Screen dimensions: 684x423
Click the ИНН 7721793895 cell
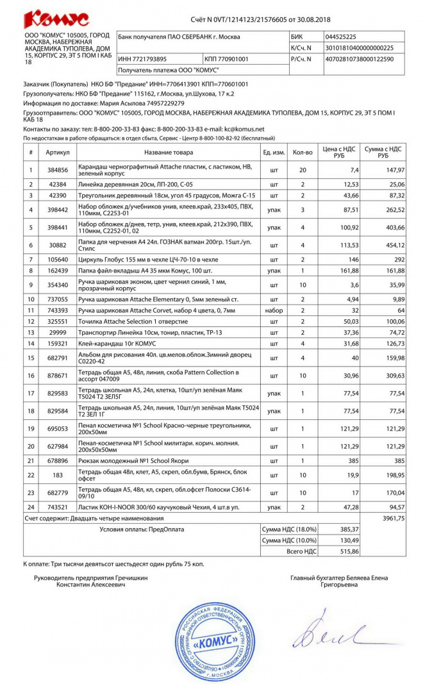tap(138, 59)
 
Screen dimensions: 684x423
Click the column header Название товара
tap(168, 153)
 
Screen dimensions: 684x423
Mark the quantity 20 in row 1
tap(303, 171)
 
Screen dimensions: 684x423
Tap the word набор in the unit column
tap(274, 310)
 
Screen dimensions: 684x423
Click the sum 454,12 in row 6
tap(392, 246)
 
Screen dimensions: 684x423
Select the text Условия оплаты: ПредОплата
tap(142, 530)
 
